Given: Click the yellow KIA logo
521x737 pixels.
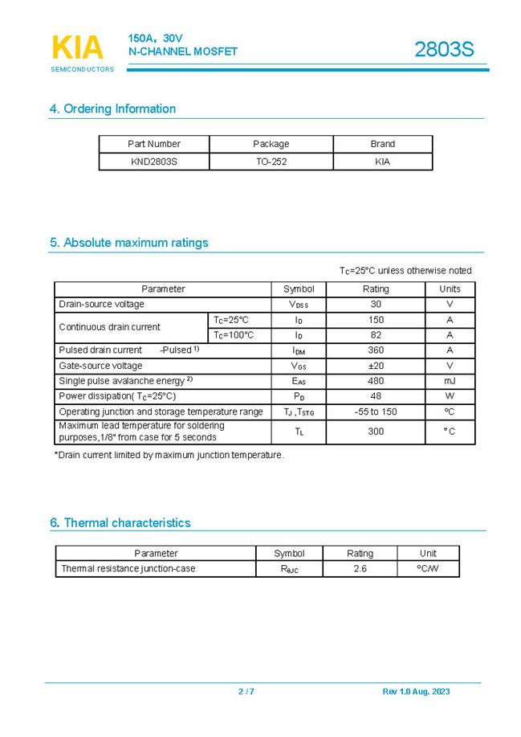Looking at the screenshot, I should (x=78, y=47).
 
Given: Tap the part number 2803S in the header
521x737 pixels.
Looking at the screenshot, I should (x=444, y=50).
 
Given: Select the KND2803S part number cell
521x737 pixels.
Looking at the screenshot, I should (x=153, y=162).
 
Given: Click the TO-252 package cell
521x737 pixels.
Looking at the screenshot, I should (x=271, y=162).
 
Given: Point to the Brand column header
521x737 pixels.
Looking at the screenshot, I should (x=382, y=144).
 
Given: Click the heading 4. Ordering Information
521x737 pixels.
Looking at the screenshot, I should (x=112, y=109).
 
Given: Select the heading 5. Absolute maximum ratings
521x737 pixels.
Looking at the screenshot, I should (x=128, y=243).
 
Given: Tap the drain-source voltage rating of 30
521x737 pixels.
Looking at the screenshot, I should (x=376, y=305).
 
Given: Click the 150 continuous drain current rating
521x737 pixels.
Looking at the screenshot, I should (x=376, y=320).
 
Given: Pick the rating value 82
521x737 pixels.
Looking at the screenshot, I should (x=376, y=335).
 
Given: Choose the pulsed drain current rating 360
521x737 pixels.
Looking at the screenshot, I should (x=376, y=350).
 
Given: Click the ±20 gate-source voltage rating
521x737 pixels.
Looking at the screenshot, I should (x=376, y=366).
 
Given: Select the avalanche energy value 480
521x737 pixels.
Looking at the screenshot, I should (x=376, y=381).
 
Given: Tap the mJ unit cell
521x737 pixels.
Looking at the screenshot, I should (x=450, y=381).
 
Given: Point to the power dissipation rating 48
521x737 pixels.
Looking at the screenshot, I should (x=376, y=396).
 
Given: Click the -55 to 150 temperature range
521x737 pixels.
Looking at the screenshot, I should (x=376, y=411).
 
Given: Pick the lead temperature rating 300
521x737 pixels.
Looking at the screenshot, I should (x=376, y=432).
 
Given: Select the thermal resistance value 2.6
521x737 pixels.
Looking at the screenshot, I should (x=360, y=569).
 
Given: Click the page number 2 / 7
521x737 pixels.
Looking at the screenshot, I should (x=246, y=692).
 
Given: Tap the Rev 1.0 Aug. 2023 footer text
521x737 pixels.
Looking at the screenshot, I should (x=416, y=692).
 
